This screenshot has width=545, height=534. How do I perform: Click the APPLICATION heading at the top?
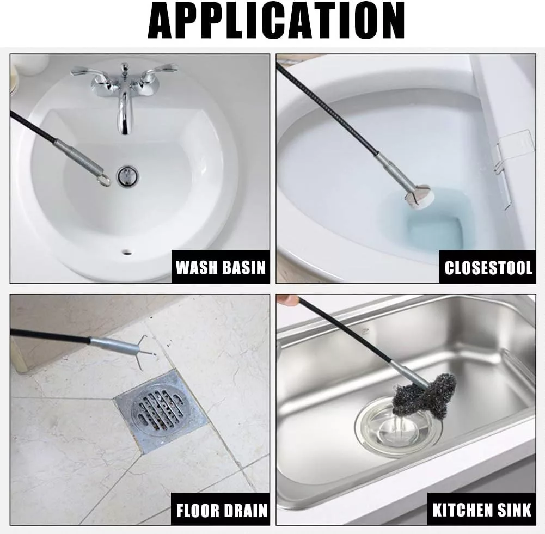click(x=277, y=21)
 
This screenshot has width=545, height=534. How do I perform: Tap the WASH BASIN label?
click(x=221, y=267)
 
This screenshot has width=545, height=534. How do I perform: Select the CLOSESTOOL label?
click(x=488, y=268)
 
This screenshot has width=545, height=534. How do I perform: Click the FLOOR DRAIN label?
click(x=222, y=510)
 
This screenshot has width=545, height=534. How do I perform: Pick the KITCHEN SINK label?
click(x=482, y=510)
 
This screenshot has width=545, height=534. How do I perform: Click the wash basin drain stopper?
click(x=127, y=175)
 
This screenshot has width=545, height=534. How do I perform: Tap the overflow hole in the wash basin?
click(x=126, y=251)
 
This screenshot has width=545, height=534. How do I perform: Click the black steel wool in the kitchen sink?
click(x=424, y=394)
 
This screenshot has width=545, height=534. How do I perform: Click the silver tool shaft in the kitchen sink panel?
click(x=410, y=375)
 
